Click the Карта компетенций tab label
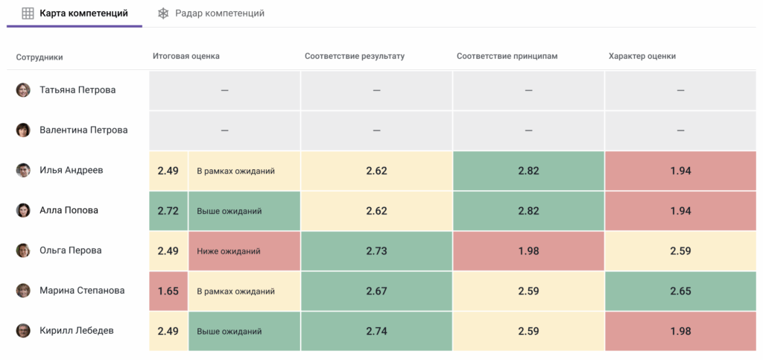pyautogui.click(x=83, y=13)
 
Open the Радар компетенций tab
pyautogui.click(x=220, y=13)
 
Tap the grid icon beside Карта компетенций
pyautogui.click(x=28, y=13)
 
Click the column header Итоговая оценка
pyautogui.click(x=186, y=56)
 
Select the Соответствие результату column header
pyautogui.click(x=354, y=56)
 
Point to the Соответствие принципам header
pyautogui.click(x=507, y=56)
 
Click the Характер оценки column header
pyautogui.click(x=642, y=56)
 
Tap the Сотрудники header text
pyautogui.click(x=39, y=57)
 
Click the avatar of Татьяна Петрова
pyautogui.click(x=24, y=90)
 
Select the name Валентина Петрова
pyautogui.click(x=83, y=130)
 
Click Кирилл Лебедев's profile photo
pyautogui.click(x=24, y=331)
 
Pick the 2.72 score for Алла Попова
pyautogui.click(x=168, y=211)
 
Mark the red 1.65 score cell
pyautogui.click(x=168, y=291)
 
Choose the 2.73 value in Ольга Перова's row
pyautogui.click(x=376, y=251)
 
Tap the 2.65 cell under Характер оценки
pyautogui.click(x=680, y=291)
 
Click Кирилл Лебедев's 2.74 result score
pyautogui.click(x=376, y=331)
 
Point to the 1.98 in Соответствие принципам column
pyautogui.click(x=528, y=251)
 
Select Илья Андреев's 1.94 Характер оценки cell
pyautogui.click(x=680, y=171)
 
